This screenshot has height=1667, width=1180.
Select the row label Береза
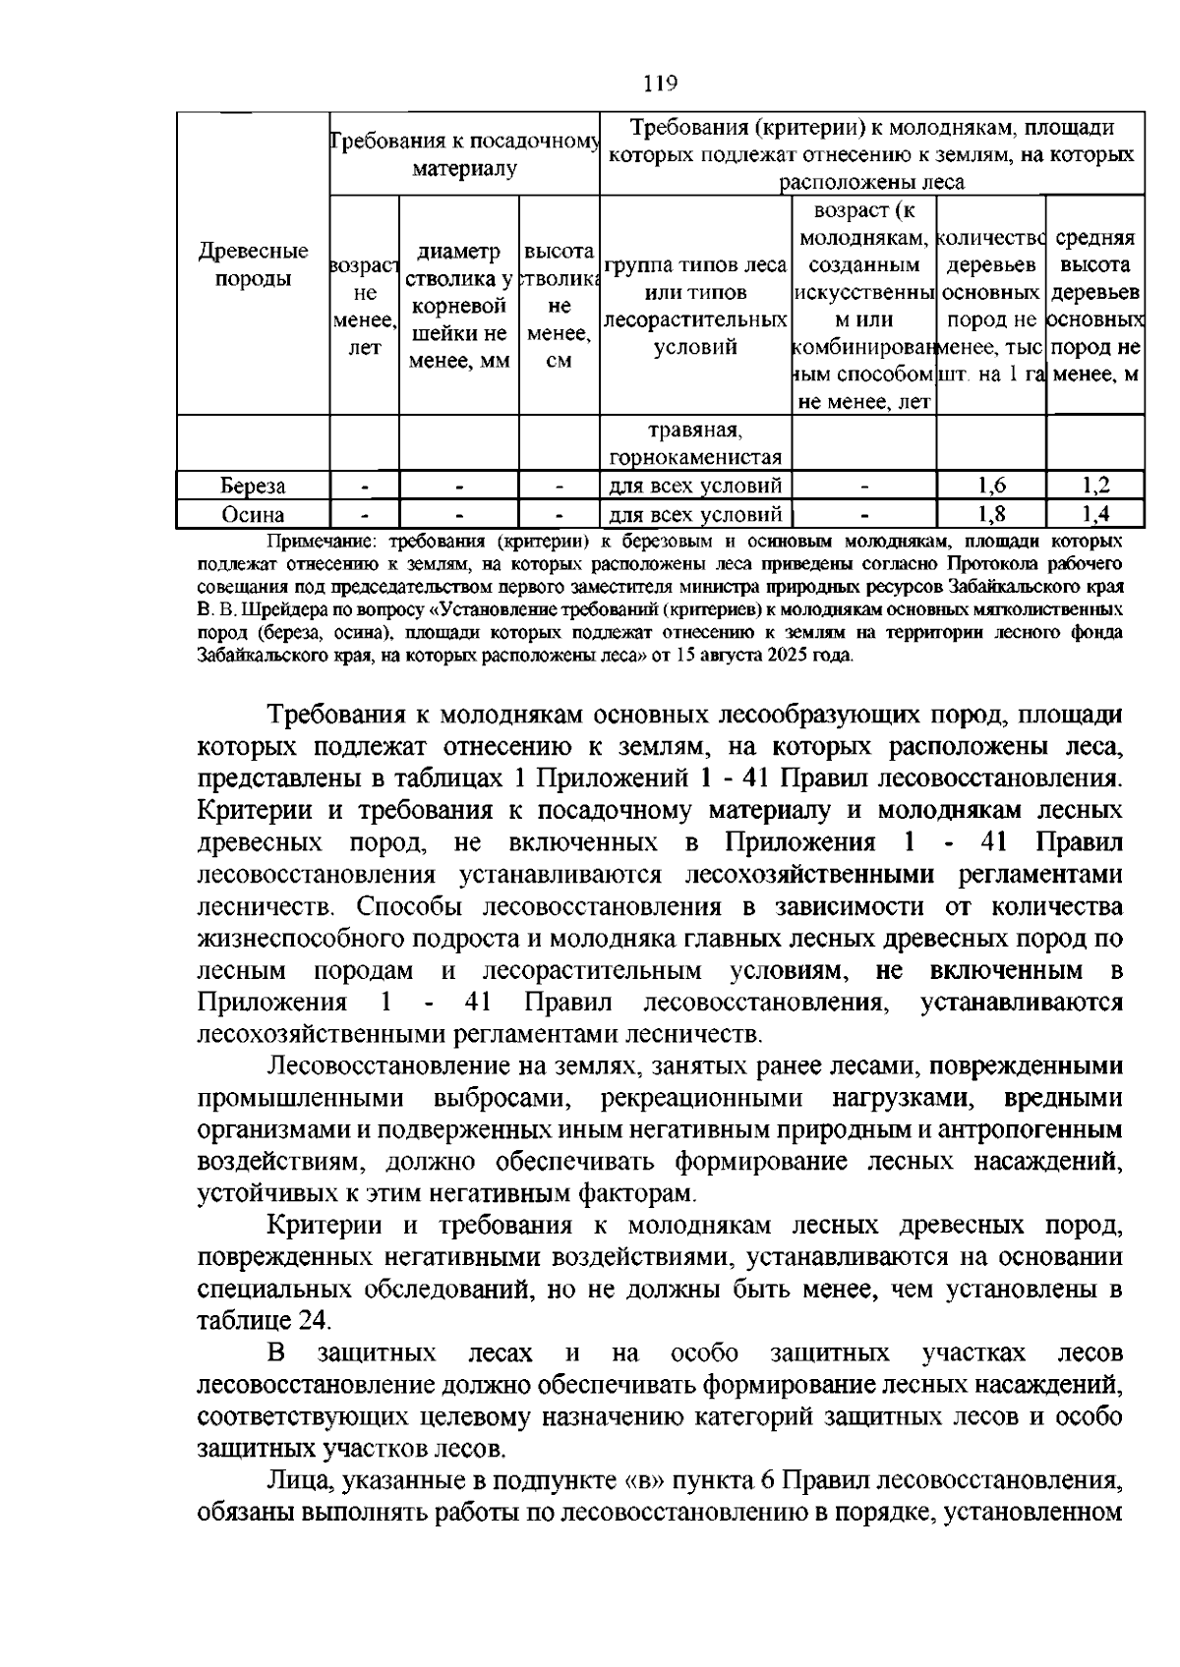(253, 486)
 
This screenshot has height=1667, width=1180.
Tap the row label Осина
(253, 514)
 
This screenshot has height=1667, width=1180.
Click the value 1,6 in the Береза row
(991, 486)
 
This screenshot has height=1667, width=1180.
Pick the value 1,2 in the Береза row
(1094, 486)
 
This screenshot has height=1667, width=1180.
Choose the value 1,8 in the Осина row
(991, 514)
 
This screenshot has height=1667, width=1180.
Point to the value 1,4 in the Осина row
(1094, 514)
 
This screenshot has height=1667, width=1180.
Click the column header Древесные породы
(253, 265)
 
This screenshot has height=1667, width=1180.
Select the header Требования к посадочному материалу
(465, 154)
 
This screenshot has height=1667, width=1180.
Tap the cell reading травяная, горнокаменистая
(695, 443)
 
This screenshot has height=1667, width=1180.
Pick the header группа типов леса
(695, 265)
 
